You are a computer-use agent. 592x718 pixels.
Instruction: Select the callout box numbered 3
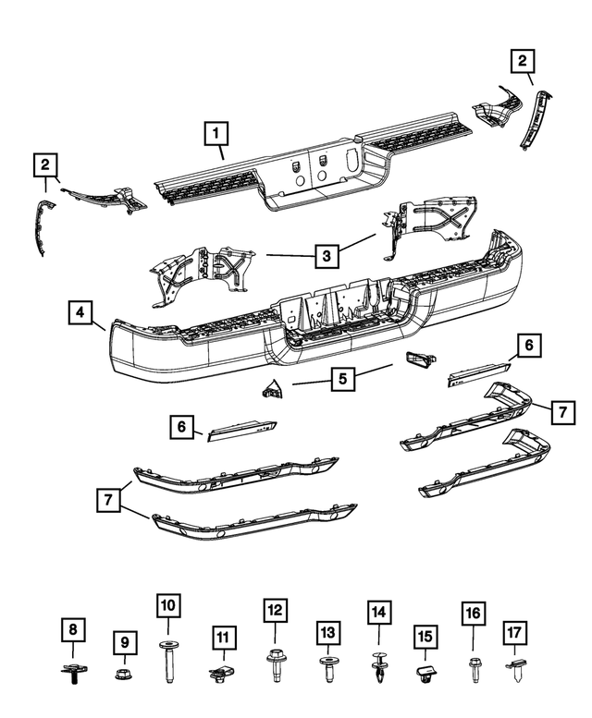[x=325, y=252]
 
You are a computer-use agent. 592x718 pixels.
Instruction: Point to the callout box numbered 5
[x=342, y=378]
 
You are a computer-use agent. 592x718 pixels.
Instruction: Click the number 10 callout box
[x=167, y=607]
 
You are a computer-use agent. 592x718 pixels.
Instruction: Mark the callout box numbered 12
[x=274, y=611]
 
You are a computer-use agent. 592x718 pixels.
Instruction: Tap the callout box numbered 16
[x=473, y=614]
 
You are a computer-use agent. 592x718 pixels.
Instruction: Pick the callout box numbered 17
[x=515, y=633]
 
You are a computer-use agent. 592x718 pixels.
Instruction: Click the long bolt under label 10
[x=168, y=659]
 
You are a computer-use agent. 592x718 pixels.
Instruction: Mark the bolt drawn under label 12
[x=275, y=665]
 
